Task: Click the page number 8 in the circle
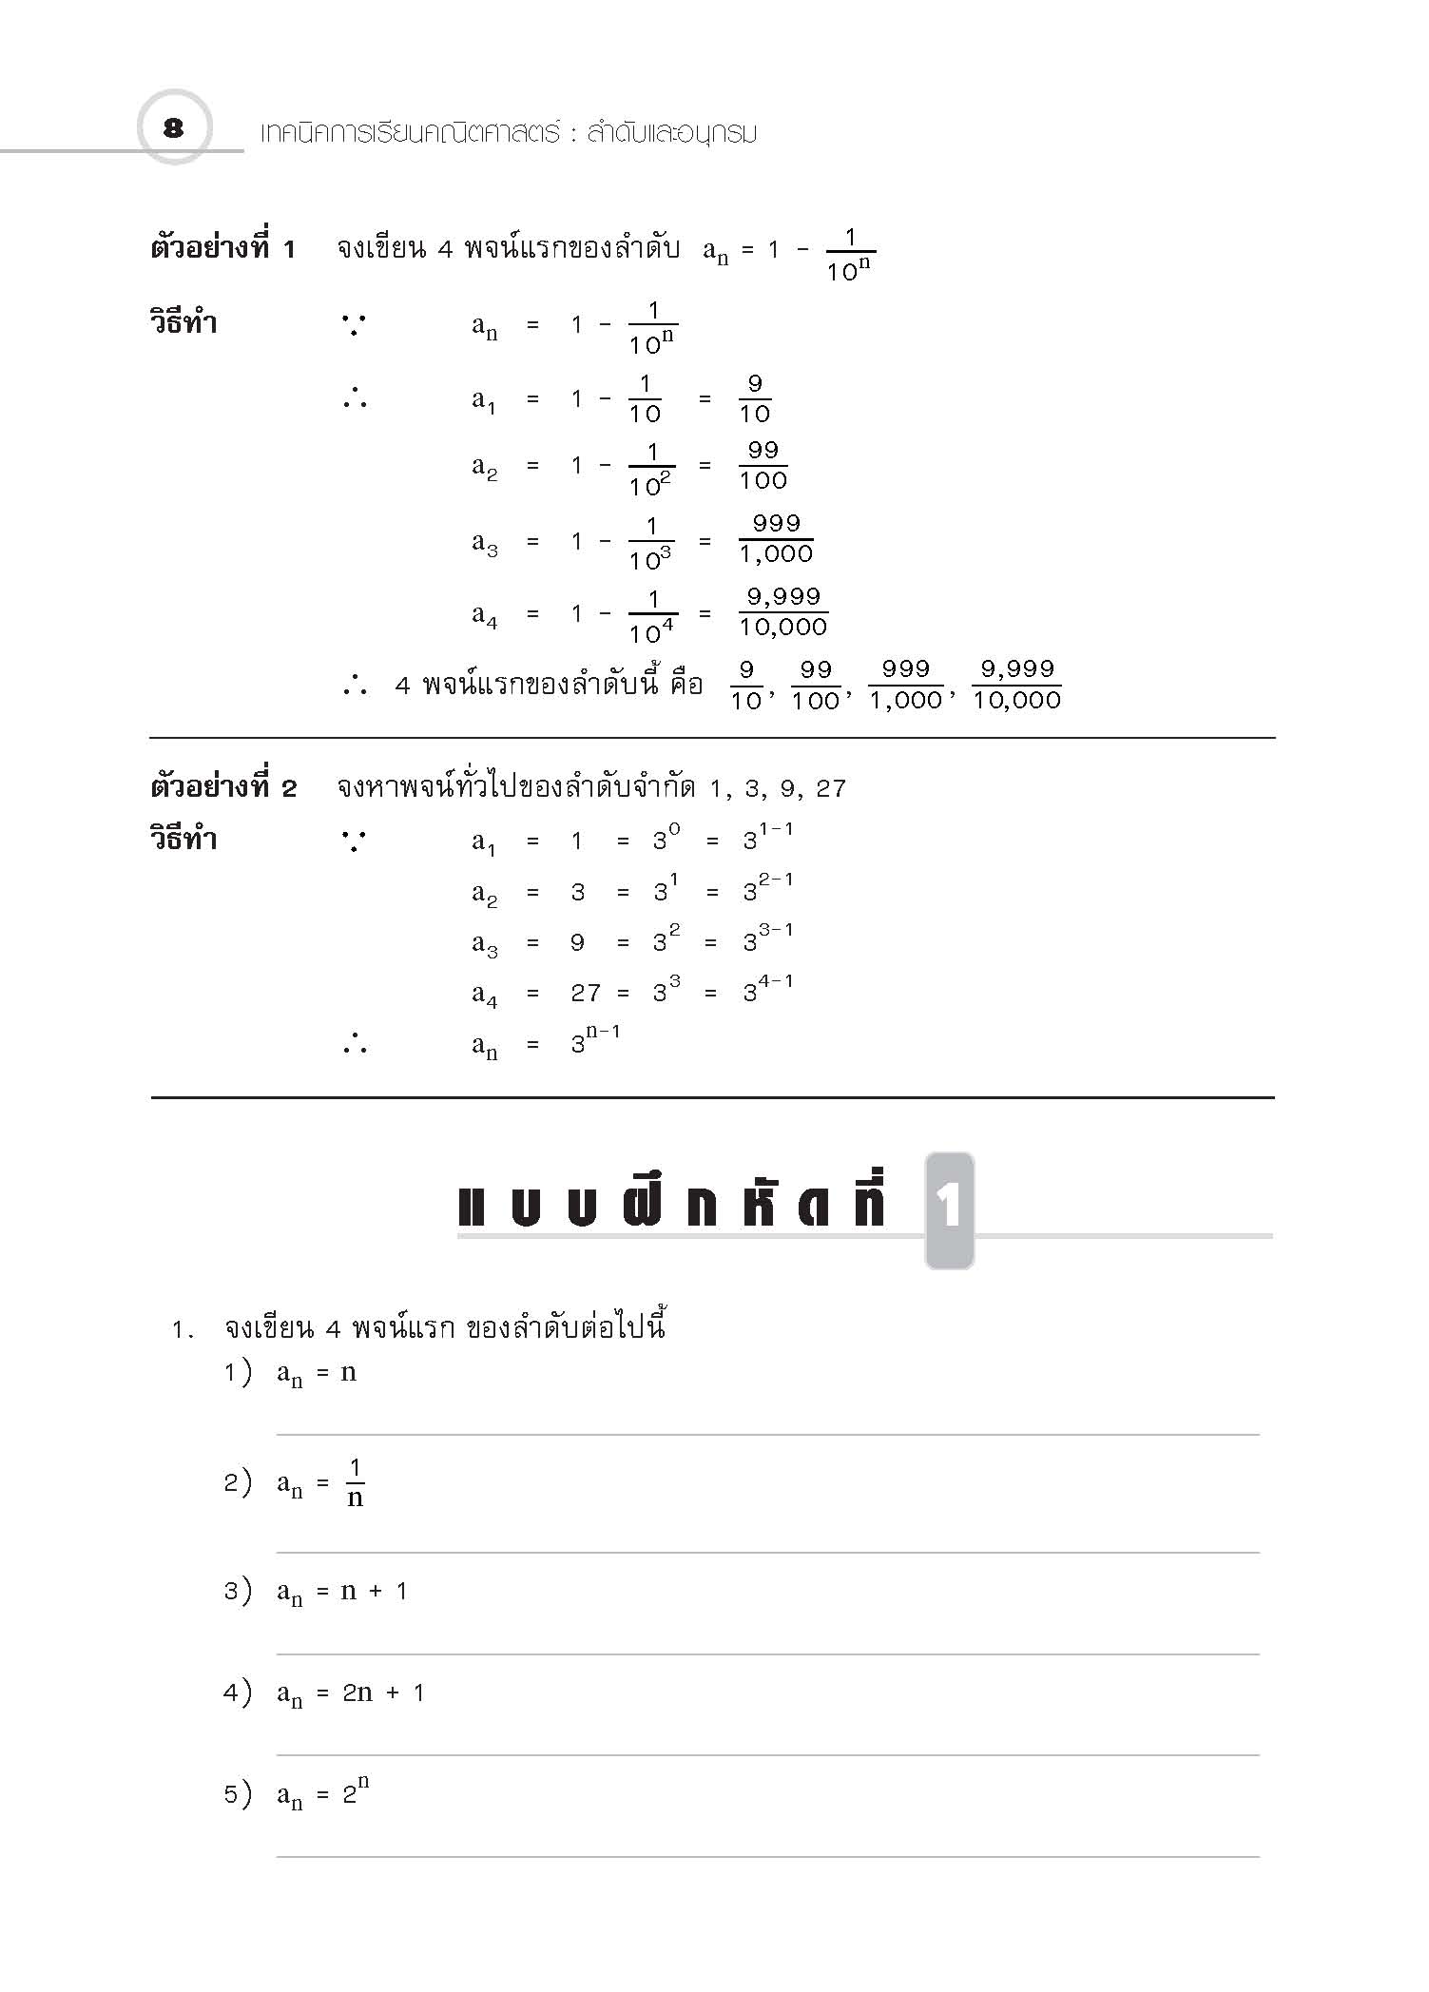click(x=173, y=128)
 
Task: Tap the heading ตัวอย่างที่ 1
click(x=223, y=249)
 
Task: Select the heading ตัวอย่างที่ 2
click(x=223, y=787)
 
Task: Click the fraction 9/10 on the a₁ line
click(x=755, y=399)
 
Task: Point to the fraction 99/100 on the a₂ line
click(x=763, y=466)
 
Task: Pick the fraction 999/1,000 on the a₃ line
click(x=776, y=539)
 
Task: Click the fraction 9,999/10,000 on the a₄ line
click(x=783, y=612)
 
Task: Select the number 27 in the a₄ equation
click(x=586, y=994)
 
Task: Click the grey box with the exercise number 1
click(x=949, y=1209)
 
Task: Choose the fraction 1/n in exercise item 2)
click(x=355, y=1483)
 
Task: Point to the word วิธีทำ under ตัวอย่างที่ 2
click(x=183, y=840)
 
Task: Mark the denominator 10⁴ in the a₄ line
click(x=652, y=629)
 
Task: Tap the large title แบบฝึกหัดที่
click(x=673, y=1206)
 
